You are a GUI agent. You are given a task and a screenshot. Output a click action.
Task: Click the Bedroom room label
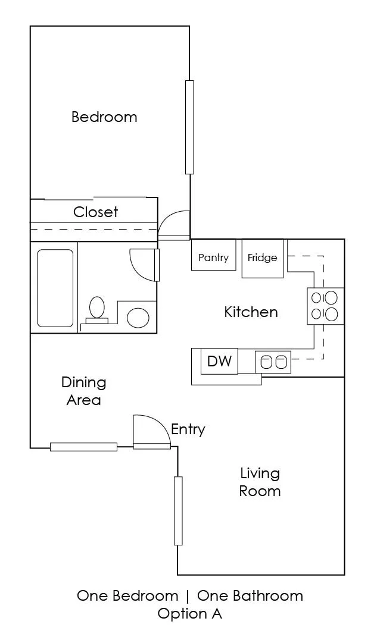pos(104,117)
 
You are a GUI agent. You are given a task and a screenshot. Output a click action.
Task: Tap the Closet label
pos(95,212)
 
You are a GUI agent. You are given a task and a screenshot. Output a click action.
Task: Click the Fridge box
pos(262,258)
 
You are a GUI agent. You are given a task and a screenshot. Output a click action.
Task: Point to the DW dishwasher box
pos(219,361)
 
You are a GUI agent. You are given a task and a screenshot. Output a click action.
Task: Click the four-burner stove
pos(325,306)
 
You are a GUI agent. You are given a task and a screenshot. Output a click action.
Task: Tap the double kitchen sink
pos(273,362)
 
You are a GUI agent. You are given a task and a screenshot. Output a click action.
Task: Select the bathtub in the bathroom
pos(55,288)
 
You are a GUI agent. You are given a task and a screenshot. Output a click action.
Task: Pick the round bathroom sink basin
pos(138,318)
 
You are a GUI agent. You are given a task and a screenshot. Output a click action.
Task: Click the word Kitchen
pos(251,312)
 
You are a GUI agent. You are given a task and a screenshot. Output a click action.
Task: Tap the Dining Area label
pos(84,391)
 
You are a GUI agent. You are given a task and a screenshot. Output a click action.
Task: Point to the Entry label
pos(188,430)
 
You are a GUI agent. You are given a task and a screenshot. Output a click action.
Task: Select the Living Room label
pos(260,482)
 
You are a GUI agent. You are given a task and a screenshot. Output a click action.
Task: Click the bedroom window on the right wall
pos(189,127)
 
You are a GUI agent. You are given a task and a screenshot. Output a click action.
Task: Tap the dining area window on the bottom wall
pos(84,447)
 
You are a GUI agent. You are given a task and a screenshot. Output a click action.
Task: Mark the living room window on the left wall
pos(178,511)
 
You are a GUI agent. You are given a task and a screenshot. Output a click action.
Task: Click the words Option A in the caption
pos(190,613)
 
